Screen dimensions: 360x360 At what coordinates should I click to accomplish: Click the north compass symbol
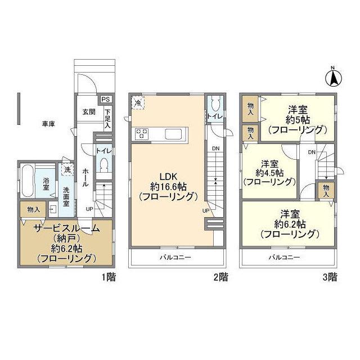tap(334, 77)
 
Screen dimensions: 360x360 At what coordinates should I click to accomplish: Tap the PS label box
tap(106, 100)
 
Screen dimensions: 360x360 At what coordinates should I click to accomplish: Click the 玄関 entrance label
tap(89, 112)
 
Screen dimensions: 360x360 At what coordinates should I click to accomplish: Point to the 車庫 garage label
tap(48, 124)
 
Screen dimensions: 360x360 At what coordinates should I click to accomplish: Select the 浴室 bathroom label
tap(46, 184)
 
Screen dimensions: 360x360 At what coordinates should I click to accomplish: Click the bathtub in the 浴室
tap(28, 180)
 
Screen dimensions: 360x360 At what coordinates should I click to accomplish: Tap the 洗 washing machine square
tap(67, 169)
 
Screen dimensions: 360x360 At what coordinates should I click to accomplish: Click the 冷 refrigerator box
tap(138, 102)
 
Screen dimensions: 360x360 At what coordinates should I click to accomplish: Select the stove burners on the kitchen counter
tap(142, 134)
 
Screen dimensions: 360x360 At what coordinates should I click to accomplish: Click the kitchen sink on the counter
tap(173, 134)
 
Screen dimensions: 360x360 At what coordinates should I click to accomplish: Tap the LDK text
tap(168, 177)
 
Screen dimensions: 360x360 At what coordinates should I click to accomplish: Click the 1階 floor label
tap(109, 277)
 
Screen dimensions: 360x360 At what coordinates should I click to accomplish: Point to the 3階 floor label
tap(330, 277)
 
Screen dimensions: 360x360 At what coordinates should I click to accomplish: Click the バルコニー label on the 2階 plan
tap(175, 257)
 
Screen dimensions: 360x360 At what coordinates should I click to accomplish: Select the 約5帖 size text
tap(298, 120)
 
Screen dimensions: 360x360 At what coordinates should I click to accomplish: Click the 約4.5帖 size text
tap(269, 173)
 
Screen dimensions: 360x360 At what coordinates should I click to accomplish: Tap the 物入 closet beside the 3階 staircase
tap(326, 191)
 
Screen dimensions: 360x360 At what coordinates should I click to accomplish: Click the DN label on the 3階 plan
tap(312, 152)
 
